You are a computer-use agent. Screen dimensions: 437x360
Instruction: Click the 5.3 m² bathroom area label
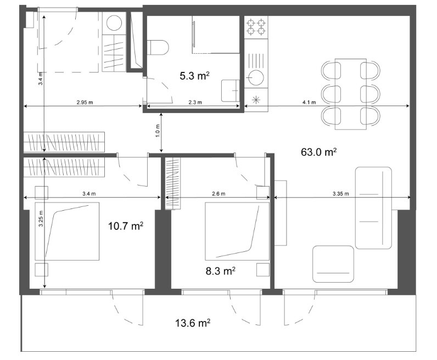[194, 76]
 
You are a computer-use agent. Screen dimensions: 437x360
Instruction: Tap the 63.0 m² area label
[319, 152]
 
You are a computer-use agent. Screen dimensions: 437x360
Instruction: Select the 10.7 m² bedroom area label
[126, 226]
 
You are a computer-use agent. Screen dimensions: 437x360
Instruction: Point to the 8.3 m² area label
[221, 271]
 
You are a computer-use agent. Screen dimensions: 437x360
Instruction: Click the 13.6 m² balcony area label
[193, 323]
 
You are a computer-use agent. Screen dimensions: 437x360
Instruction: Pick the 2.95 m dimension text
[85, 102]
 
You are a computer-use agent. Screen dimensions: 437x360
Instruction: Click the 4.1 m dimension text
[309, 102]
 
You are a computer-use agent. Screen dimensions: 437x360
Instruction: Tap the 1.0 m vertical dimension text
[158, 131]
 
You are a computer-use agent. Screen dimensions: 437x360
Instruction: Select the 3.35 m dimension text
[340, 194]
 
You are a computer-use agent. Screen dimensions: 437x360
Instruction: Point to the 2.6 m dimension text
[218, 194]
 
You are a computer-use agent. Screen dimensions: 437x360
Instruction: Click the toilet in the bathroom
[158, 47]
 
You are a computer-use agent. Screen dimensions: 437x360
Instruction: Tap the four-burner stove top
[256, 27]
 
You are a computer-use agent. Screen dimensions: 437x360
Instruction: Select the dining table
[351, 94]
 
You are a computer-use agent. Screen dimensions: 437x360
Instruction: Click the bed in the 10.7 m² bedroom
[67, 231]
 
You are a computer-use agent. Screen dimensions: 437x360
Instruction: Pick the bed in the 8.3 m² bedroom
[237, 231]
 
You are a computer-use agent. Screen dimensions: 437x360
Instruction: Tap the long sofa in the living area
[373, 208]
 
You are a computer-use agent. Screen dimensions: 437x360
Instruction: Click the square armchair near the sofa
[333, 264]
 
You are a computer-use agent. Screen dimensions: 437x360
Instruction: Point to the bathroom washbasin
[231, 91]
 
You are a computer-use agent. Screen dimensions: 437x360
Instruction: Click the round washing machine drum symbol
[114, 23]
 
